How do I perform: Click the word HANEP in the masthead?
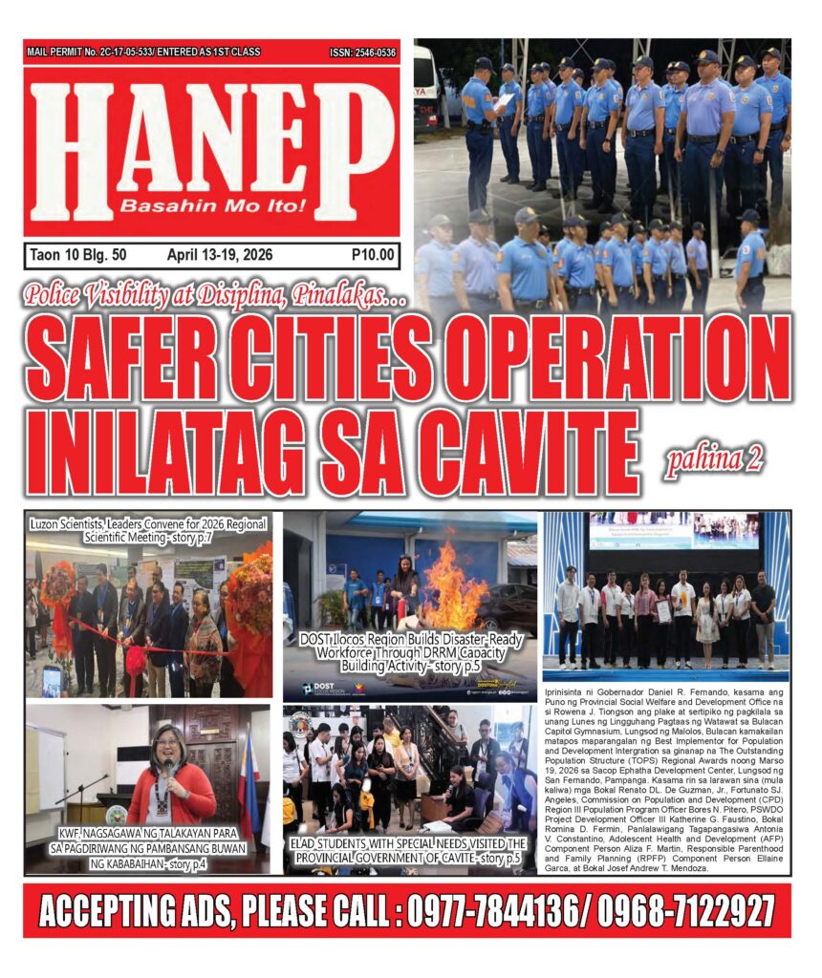point(211,143)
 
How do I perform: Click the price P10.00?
point(371,255)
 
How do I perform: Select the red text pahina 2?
point(716,460)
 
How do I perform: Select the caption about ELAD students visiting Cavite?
point(409,851)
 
